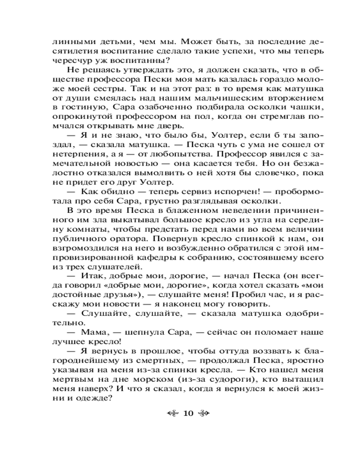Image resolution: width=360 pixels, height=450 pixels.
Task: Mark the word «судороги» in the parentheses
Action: click(208, 379)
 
